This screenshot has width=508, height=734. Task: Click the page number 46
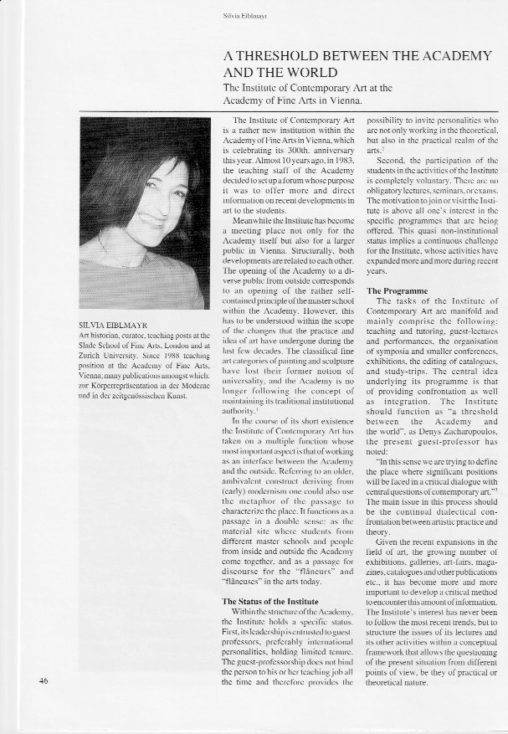coord(44,703)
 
